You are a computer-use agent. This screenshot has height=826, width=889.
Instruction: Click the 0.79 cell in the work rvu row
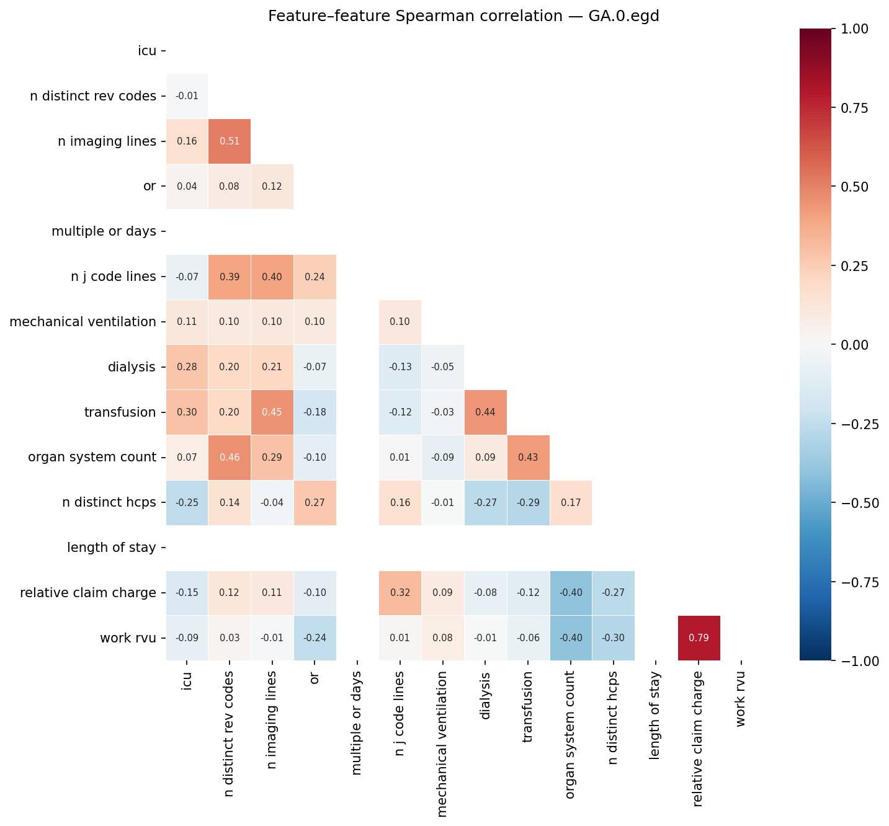pyautogui.click(x=699, y=637)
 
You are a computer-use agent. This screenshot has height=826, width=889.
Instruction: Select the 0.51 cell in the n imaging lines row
pyautogui.click(x=230, y=141)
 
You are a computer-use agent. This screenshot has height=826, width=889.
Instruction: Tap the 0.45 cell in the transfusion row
pyautogui.click(x=272, y=412)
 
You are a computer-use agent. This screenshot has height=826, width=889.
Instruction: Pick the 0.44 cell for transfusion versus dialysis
pyautogui.click(x=485, y=412)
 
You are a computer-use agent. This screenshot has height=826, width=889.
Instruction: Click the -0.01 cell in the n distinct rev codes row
pyautogui.click(x=187, y=95)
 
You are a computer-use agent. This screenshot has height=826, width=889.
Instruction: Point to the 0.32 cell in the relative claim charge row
pyautogui.click(x=400, y=592)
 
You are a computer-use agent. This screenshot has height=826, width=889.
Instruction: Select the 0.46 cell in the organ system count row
pyautogui.click(x=230, y=457)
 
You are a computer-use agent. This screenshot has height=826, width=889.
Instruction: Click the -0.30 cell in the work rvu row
pyautogui.click(x=613, y=637)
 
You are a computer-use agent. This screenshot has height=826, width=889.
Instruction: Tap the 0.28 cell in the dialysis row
pyautogui.click(x=187, y=366)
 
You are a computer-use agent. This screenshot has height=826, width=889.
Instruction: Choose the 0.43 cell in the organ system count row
pyautogui.click(x=528, y=457)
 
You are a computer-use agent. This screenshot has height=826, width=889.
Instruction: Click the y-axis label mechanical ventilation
pyautogui.click(x=83, y=321)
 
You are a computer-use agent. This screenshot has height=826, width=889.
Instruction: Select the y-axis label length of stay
pyautogui.click(x=112, y=547)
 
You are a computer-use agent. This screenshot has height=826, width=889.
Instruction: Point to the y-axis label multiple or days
pyautogui.click(x=104, y=231)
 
